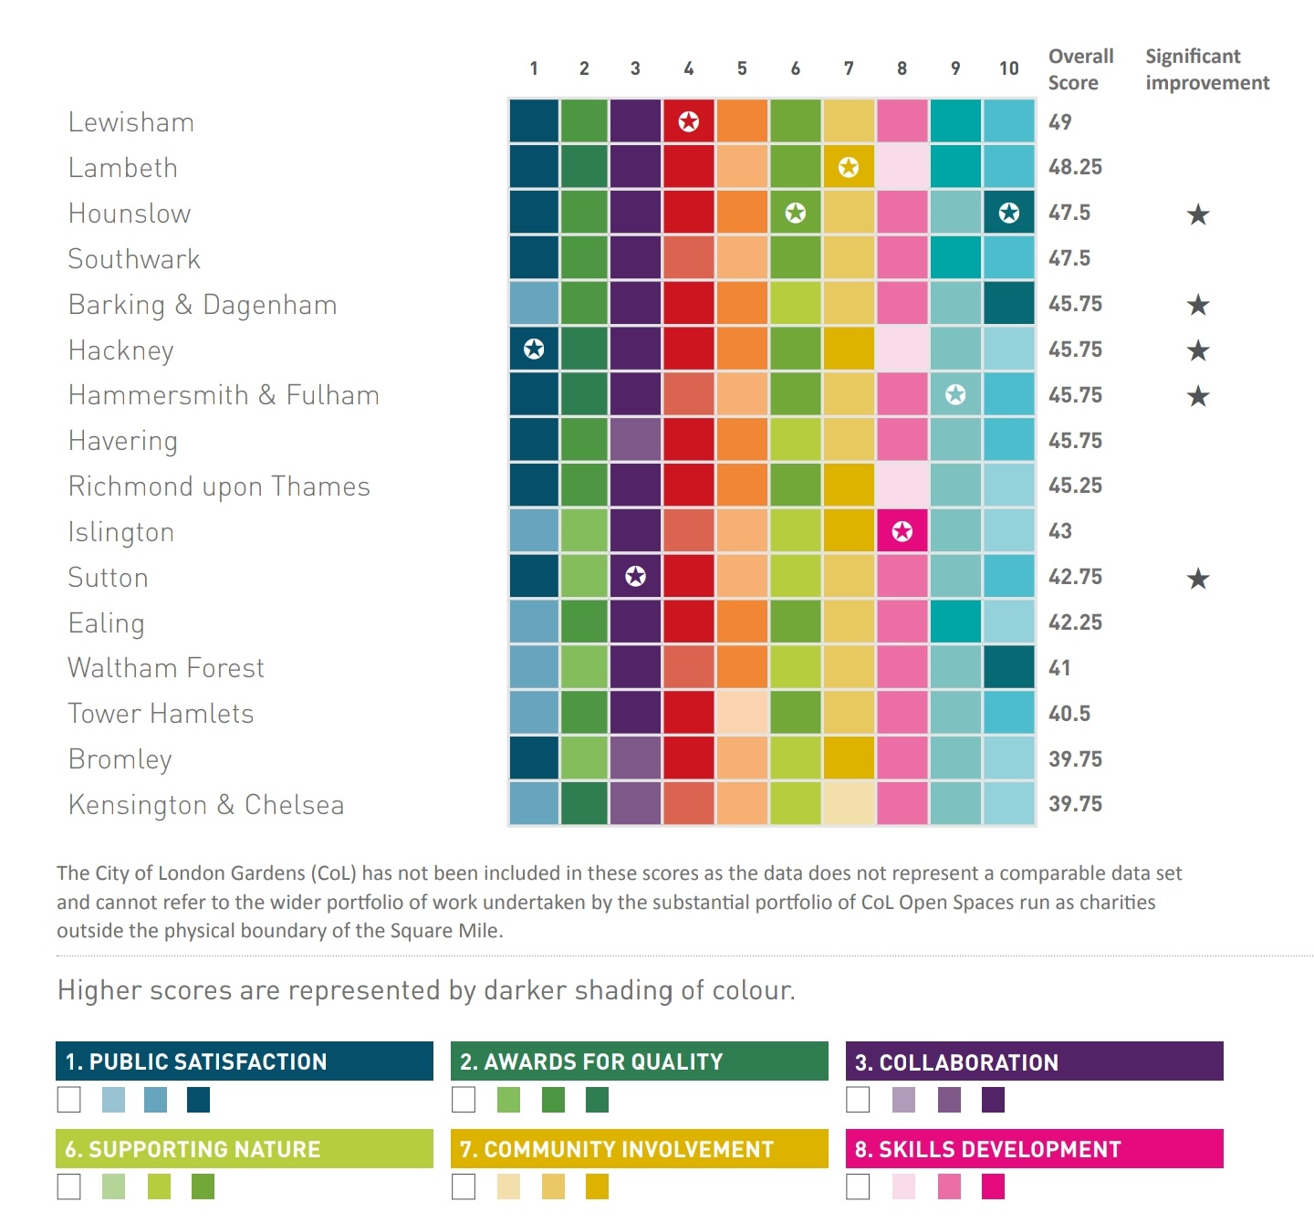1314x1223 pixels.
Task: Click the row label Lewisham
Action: (131, 122)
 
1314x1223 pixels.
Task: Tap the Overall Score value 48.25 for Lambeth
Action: (1075, 167)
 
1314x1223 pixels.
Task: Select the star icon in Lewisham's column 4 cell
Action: (689, 121)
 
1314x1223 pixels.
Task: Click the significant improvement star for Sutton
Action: (1198, 579)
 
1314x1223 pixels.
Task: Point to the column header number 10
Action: (1008, 68)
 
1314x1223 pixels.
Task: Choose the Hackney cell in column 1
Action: (534, 349)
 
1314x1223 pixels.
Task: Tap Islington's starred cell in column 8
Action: (902, 531)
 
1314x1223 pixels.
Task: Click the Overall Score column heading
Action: (1080, 69)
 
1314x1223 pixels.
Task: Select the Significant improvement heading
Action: (1206, 69)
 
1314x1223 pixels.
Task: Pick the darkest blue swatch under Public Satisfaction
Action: (198, 1100)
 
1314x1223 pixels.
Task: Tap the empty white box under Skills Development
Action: (858, 1186)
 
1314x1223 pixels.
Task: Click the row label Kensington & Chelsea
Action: (206, 805)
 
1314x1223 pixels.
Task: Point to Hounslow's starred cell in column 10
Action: (1008, 213)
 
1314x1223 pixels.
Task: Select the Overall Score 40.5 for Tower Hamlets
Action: (1069, 714)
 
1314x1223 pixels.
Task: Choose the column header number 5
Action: (742, 68)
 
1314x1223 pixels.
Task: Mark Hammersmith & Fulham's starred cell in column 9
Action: (955, 394)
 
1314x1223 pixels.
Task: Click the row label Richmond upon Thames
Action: (219, 486)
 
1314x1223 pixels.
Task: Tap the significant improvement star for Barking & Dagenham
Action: (1198, 305)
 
